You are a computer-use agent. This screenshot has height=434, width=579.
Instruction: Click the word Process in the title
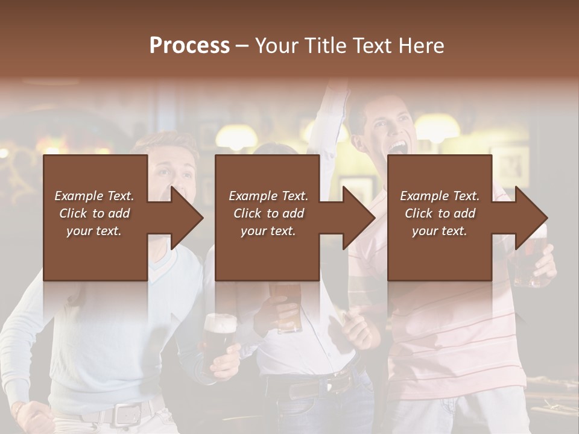point(189,45)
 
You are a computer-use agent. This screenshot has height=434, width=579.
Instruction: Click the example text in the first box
point(95,213)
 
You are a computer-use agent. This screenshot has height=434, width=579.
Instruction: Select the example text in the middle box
point(268,213)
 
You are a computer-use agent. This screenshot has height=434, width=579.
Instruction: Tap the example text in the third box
point(440,213)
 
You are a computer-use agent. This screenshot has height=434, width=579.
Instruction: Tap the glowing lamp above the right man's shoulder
point(437,127)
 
